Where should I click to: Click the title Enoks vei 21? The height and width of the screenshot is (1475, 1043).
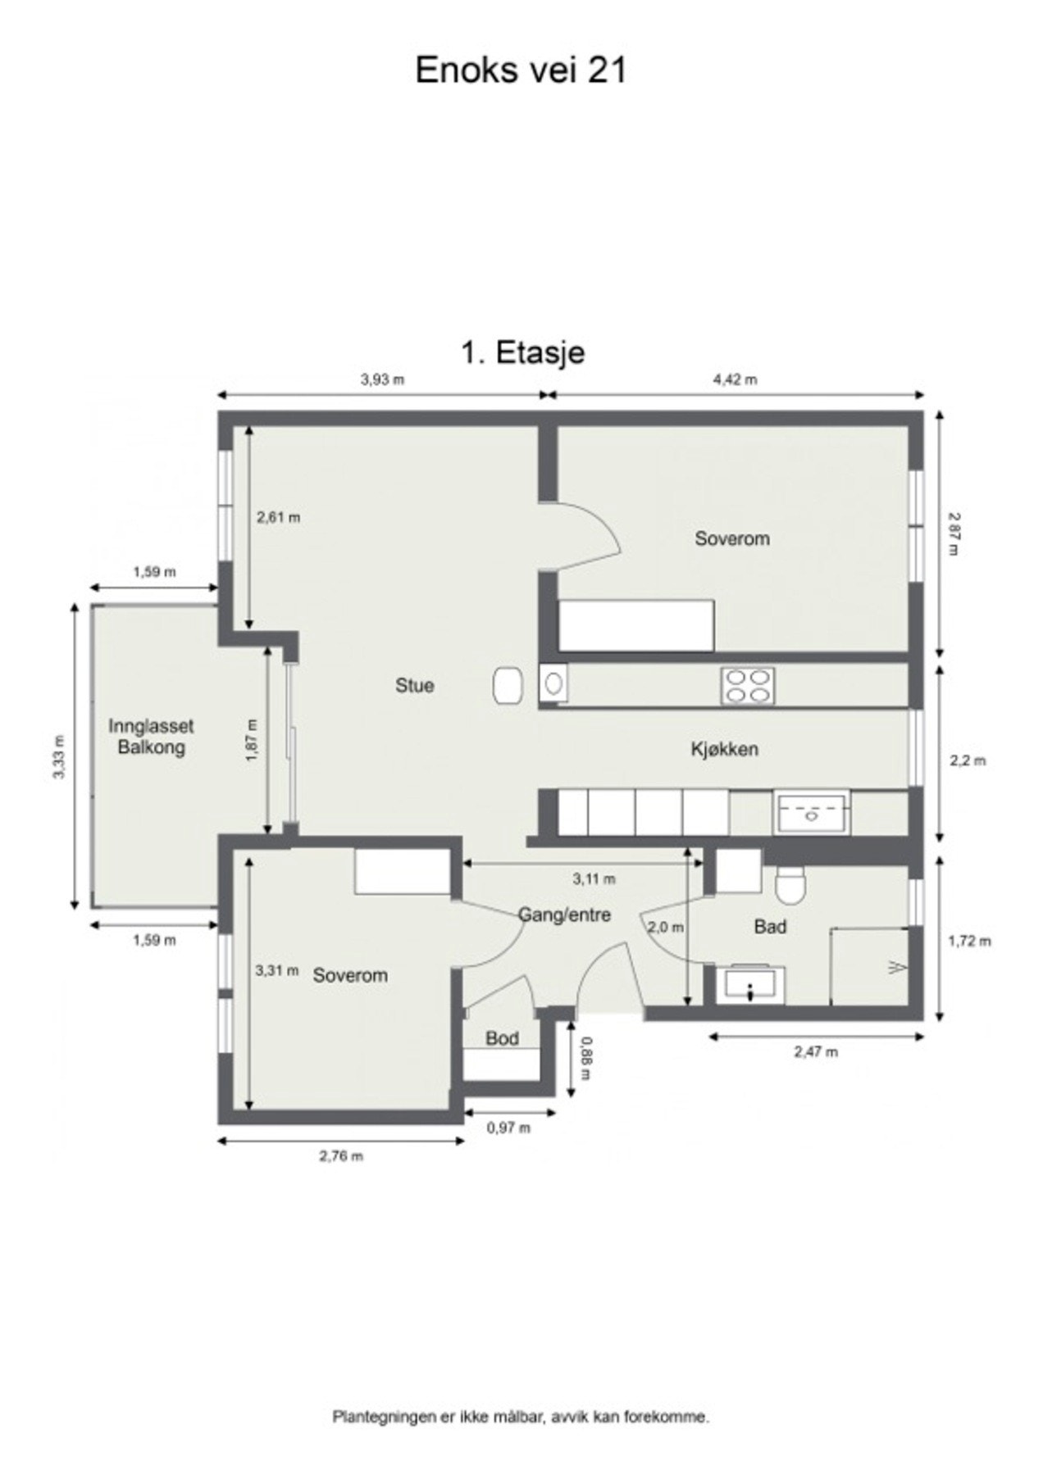click(521, 70)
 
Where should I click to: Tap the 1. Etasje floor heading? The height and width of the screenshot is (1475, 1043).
click(522, 352)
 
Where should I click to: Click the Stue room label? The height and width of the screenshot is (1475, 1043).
click(414, 685)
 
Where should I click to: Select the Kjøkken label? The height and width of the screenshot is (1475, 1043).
click(723, 749)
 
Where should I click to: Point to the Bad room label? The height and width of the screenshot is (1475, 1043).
click(769, 926)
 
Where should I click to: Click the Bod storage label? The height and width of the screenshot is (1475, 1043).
click(501, 1038)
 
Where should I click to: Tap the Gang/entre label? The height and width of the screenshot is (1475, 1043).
click(564, 914)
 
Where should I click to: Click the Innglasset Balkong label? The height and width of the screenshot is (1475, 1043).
click(151, 736)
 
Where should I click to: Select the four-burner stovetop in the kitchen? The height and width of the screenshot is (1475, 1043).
click(747, 686)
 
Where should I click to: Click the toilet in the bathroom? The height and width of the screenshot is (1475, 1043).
click(790, 886)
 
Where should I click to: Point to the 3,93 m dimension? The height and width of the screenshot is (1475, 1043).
click(382, 379)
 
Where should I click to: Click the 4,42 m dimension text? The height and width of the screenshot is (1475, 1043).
click(734, 379)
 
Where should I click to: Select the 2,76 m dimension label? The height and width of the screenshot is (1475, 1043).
click(340, 1156)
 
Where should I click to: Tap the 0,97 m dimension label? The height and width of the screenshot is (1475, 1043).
click(508, 1128)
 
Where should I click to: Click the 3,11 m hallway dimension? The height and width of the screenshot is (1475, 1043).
click(594, 879)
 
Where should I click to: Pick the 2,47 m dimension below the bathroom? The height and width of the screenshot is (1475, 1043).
click(815, 1051)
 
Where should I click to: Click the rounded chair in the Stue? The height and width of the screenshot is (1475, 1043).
click(508, 685)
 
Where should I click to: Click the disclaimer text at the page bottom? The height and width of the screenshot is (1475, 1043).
click(521, 1416)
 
